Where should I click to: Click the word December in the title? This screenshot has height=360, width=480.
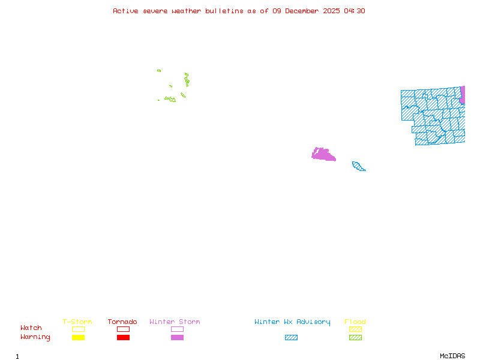click(304, 11)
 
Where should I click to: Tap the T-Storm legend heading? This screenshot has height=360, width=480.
click(77, 322)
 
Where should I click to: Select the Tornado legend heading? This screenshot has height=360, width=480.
click(122, 322)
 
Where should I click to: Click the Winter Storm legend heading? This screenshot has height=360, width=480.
click(175, 322)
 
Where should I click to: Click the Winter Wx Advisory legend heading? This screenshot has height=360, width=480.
click(292, 322)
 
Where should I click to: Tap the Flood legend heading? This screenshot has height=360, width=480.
click(355, 322)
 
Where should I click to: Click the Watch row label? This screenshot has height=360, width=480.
click(31, 328)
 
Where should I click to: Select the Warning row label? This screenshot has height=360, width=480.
click(35, 337)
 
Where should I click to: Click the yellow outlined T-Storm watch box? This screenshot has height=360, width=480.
click(78, 329)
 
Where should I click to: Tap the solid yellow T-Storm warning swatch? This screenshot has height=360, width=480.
click(78, 337)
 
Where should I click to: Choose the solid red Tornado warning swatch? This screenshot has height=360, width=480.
click(123, 337)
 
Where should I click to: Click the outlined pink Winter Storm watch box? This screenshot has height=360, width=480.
click(177, 329)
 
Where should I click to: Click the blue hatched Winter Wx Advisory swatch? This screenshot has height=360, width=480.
click(291, 337)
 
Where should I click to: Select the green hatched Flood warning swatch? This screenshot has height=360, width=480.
click(355, 337)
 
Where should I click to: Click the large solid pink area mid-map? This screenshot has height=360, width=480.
click(323, 154)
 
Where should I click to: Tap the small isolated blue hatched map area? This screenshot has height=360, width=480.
click(358, 166)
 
